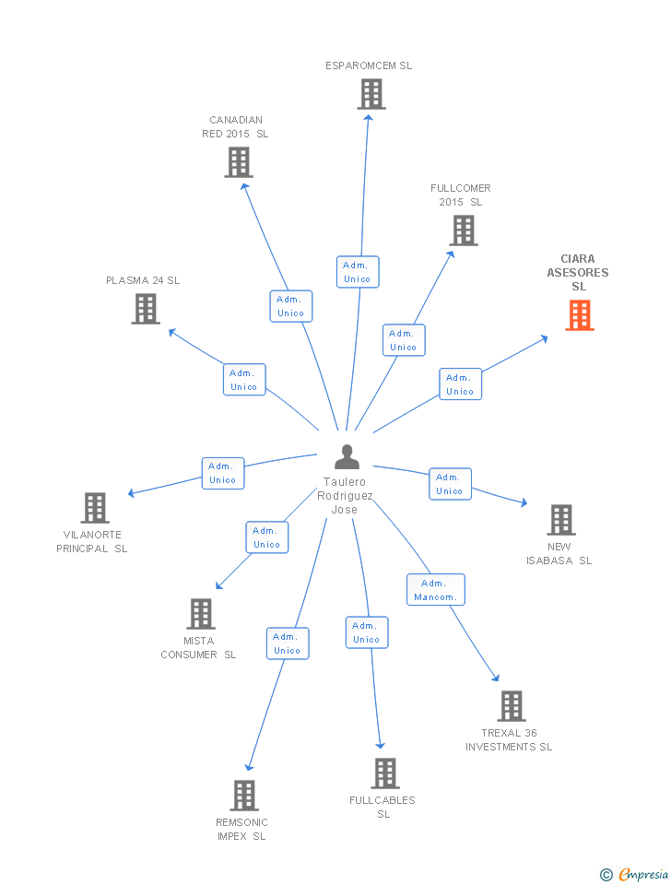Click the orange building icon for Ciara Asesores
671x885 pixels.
(x=580, y=315)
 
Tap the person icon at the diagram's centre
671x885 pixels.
(x=347, y=457)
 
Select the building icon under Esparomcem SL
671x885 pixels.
(x=371, y=94)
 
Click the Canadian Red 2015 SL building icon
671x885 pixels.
(x=239, y=162)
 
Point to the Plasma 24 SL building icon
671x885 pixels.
(x=146, y=309)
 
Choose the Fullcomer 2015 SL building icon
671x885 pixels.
(x=464, y=230)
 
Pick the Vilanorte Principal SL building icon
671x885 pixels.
(x=95, y=508)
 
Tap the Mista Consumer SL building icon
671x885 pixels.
(x=201, y=614)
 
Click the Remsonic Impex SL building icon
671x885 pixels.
(x=243, y=795)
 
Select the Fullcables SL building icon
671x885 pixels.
(x=385, y=773)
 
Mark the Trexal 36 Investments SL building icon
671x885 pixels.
(x=512, y=706)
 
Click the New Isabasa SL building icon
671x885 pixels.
(x=561, y=520)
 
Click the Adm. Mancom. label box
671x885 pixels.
(x=436, y=590)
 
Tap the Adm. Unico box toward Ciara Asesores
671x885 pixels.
(x=460, y=384)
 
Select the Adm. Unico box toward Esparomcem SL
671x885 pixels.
(x=357, y=272)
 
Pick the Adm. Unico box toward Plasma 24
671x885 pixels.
(x=244, y=380)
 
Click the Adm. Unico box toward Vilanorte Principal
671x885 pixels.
(x=223, y=473)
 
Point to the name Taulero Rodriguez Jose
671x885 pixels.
(x=345, y=496)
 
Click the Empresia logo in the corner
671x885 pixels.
(x=636, y=874)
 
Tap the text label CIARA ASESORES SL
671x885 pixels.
(x=578, y=273)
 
